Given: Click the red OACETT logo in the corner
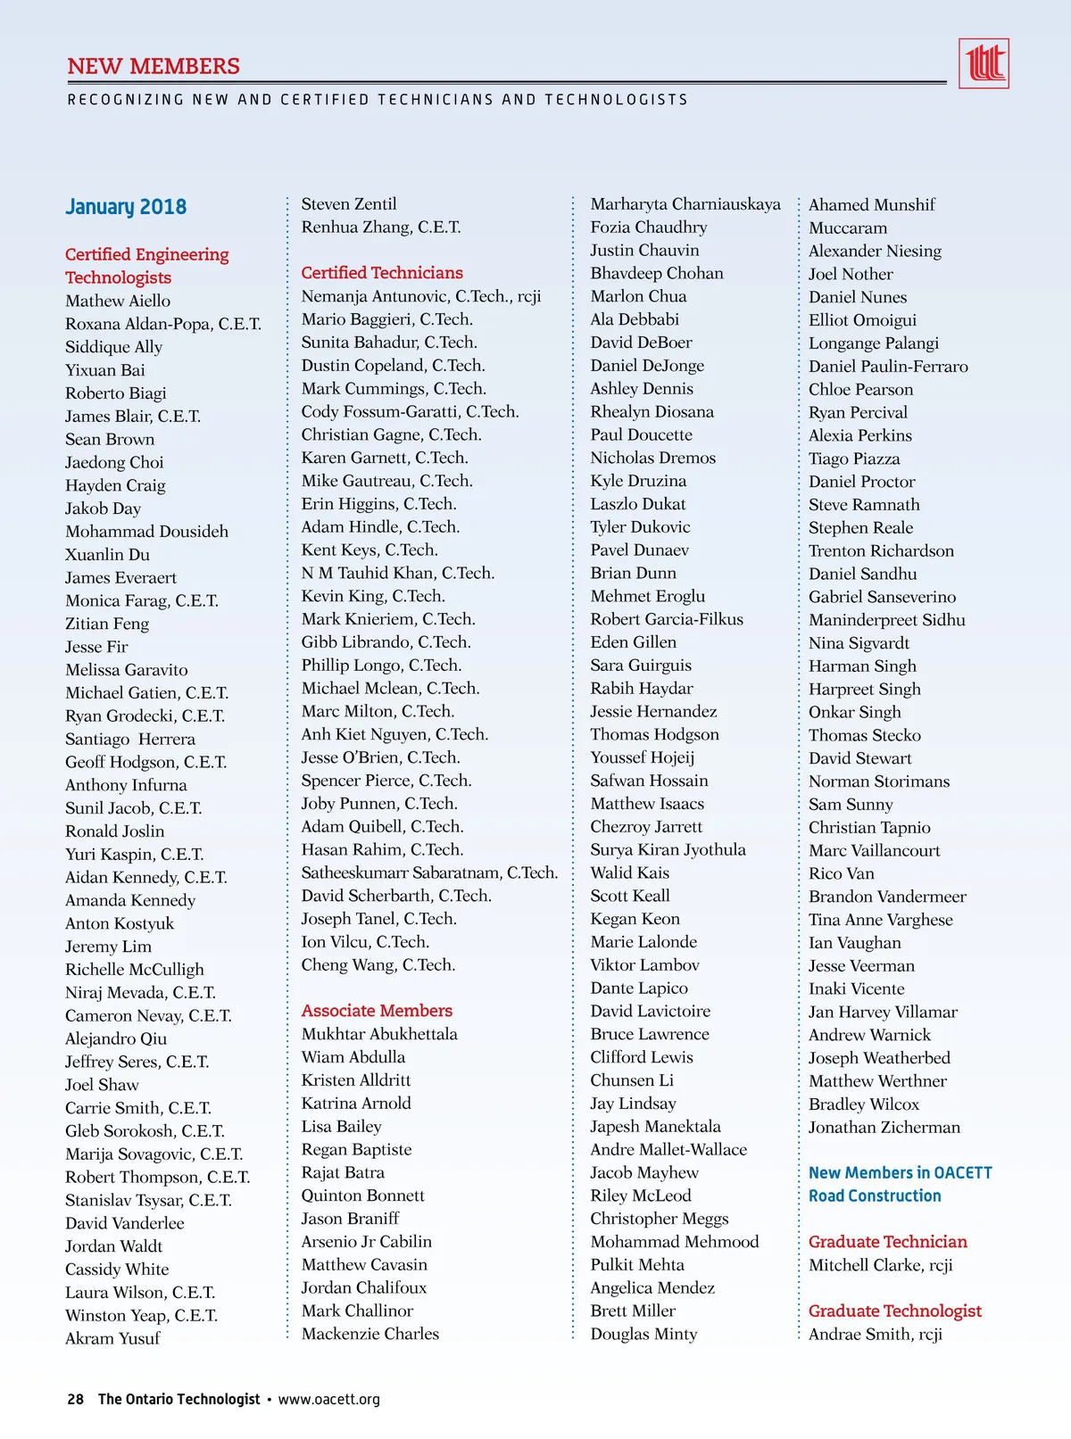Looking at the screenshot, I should [984, 63].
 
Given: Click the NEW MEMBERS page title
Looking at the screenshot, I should [154, 67].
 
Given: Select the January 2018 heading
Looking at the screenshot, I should [126, 207].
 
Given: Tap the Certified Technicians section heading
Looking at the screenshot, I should [382, 273].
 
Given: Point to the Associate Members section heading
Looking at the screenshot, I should [377, 1011].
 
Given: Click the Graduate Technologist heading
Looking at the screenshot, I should [894, 1311].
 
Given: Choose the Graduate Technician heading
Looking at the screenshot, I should [887, 1242].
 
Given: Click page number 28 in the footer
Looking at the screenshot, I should [76, 1399].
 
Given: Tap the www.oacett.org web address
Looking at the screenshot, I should [328, 1399].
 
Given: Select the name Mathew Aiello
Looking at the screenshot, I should [118, 302].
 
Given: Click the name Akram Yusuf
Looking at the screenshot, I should [112, 1338].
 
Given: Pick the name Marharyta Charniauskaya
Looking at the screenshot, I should [685, 204].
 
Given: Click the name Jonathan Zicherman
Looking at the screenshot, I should [884, 1128].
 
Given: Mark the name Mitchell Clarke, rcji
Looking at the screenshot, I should [880, 1265].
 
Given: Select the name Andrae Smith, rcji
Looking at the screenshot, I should [875, 1335].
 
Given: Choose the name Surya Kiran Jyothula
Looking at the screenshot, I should [668, 850].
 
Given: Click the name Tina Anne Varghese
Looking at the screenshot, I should [880, 920].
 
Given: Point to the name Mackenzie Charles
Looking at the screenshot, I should [370, 1334].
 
